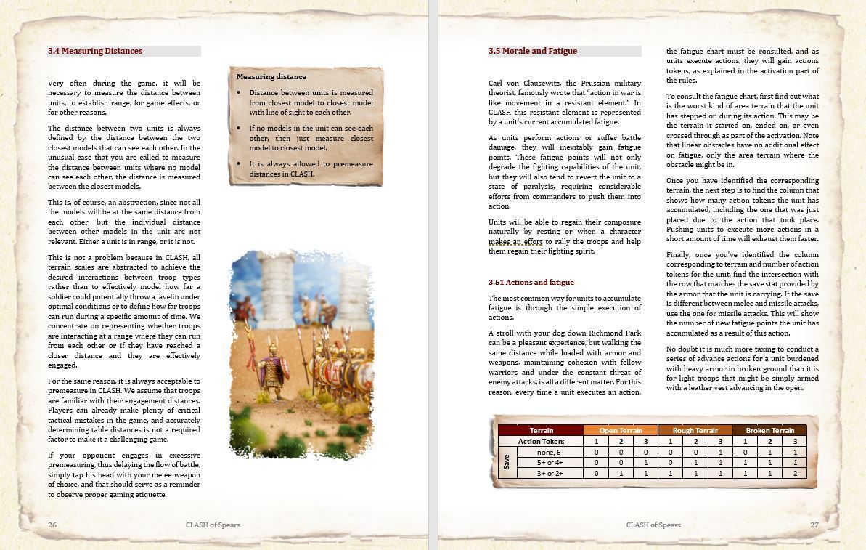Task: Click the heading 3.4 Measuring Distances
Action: click(95, 51)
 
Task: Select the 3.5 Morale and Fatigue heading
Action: click(533, 51)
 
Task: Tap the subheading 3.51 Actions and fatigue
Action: click(531, 282)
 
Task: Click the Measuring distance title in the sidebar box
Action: click(271, 76)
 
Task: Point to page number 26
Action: click(52, 525)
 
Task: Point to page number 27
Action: click(814, 525)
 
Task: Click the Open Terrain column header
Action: click(620, 430)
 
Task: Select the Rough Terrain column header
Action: click(695, 430)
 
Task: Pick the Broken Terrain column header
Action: click(769, 430)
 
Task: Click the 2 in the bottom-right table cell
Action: click(794, 473)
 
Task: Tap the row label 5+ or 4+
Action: click(550, 462)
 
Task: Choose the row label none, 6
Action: click(549, 452)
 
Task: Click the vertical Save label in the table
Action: click(507, 462)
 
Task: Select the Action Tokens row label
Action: click(541, 441)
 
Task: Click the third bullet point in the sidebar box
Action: click(240, 164)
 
